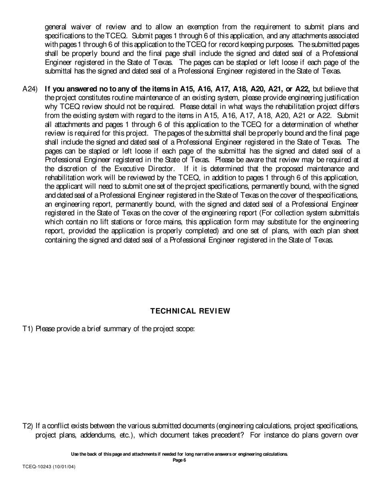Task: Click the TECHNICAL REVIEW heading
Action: click(x=190, y=311)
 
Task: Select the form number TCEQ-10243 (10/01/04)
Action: click(x=49, y=467)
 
